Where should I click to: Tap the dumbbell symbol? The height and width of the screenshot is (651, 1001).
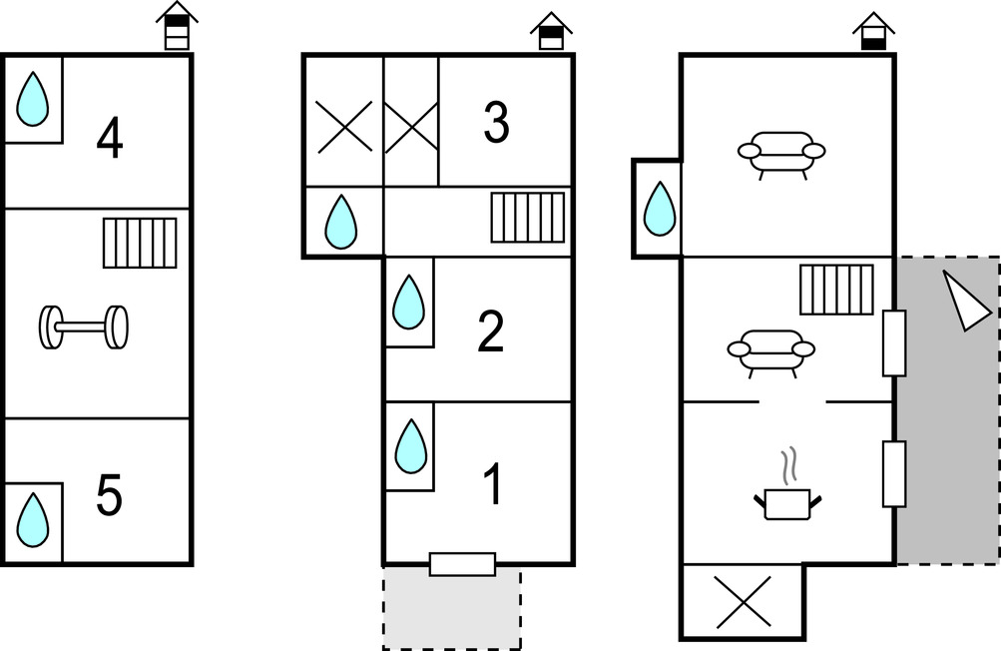click(x=84, y=326)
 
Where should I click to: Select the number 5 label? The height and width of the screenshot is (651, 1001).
click(x=109, y=495)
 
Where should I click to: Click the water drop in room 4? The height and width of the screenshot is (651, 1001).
click(x=33, y=99)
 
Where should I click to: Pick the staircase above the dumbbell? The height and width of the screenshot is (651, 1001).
click(x=140, y=243)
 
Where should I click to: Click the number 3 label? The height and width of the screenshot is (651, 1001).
click(x=496, y=123)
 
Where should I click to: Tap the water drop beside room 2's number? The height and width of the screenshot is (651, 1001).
click(x=409, y=303)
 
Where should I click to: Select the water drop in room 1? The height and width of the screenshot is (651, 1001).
click(x=410, y=446)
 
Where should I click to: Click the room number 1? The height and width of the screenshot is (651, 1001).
click(x=492, y=484)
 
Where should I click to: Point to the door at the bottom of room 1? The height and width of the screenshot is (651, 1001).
click(x=462, y=564)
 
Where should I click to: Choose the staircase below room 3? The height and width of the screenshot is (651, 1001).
click(x=527, y=218)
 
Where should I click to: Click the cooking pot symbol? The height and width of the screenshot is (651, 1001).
click(x=787, y=496)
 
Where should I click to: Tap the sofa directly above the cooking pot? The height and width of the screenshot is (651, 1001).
click(x=770, y=350)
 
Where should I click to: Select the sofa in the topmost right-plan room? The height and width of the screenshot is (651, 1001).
click(x=781, y=153)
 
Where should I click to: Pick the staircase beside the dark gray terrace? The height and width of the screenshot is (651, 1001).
click(x=836, y=290)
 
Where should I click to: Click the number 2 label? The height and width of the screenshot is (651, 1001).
click(x=491, y=332)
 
